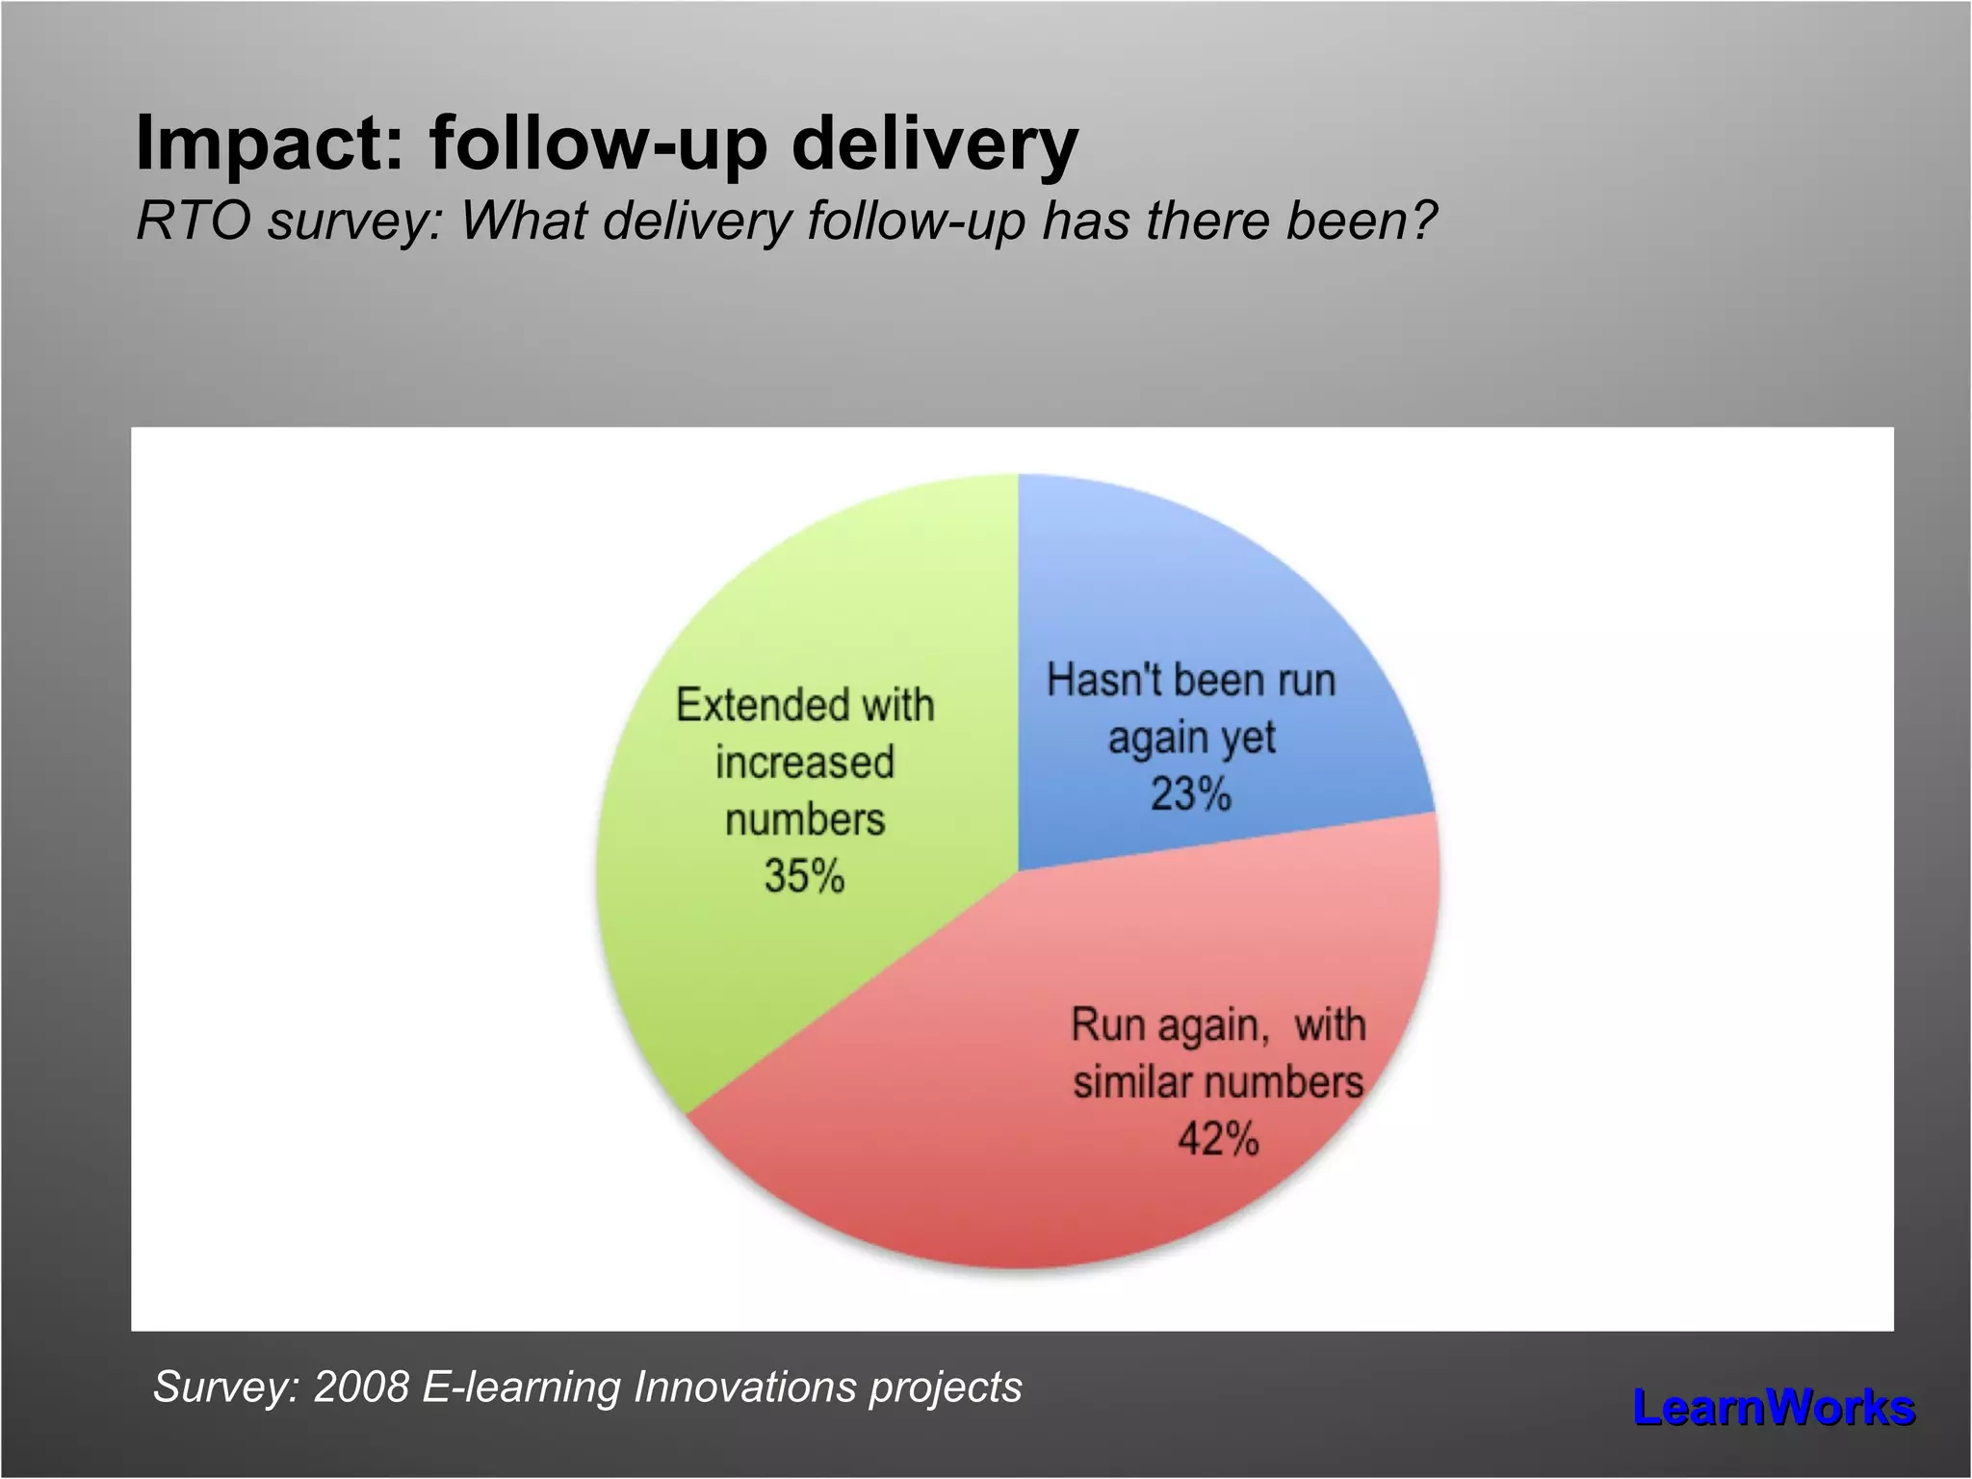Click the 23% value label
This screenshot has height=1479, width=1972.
(x=1191, y=795)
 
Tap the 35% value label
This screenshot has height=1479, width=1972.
(x=804, y=876)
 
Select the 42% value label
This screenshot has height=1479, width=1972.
(x=1218, y=1139)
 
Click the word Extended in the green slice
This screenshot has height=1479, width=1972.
(x=750, y=705)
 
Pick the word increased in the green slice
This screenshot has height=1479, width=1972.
(x=804, y=763)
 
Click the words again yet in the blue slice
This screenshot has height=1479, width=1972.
(x=1191, y=739)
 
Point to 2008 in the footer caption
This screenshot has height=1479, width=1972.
(x=361, y=1388)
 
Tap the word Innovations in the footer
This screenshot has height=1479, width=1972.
(x=744, y=1388)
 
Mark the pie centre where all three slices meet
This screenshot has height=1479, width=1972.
(x=1018, y=871)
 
